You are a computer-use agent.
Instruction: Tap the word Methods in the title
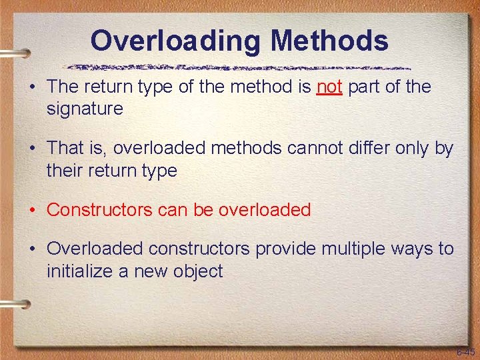tap(329, 41)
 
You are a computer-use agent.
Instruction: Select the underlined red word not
tap(329, 87)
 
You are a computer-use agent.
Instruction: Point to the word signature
tap(85, 109)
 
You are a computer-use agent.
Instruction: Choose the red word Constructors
tap(100, 210)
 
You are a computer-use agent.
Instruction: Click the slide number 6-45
tap(465, 351)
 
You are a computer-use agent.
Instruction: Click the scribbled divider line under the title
tap(240, 67)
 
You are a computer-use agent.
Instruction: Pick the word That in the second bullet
tap(65, 148)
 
